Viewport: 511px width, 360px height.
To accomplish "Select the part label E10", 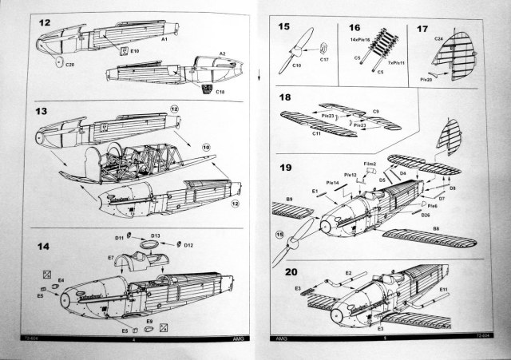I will point(136,50).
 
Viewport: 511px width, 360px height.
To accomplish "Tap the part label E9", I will point(149,321).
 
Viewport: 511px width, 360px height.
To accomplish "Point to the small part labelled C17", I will point(324,58).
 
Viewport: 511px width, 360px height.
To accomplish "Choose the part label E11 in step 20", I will point(443,289).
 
